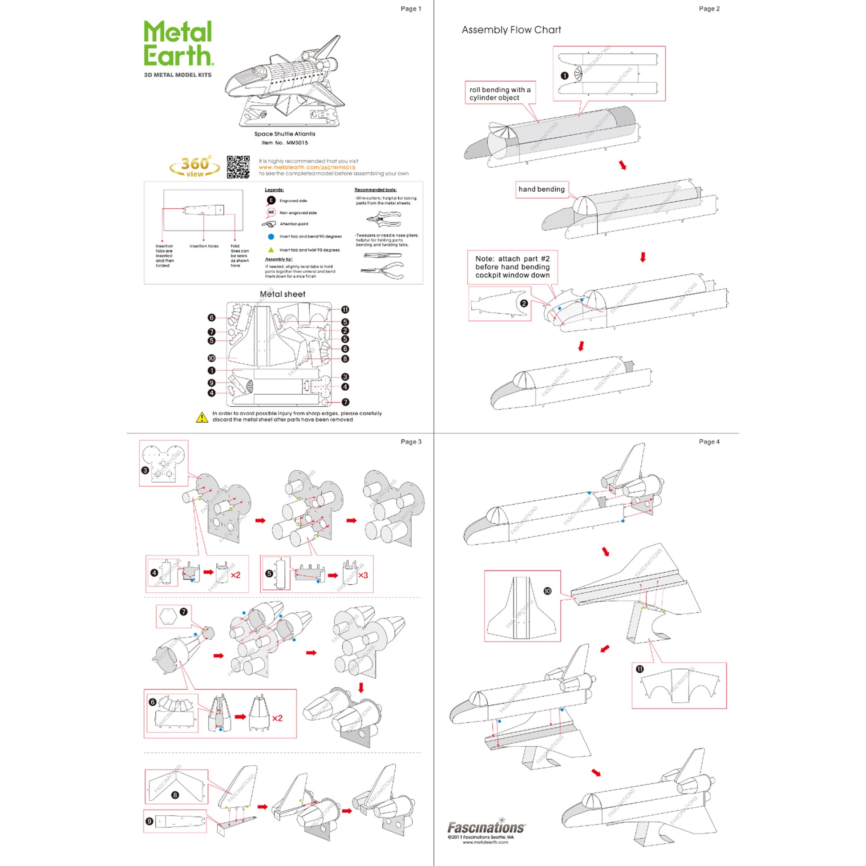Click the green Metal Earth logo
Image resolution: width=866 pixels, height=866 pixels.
(178, 44)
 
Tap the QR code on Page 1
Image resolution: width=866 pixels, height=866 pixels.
(238, 167)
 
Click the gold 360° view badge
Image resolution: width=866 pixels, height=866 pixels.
(195, 167)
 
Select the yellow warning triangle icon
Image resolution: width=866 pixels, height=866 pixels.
(202, 417)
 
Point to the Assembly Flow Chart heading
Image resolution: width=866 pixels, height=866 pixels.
(511, 30)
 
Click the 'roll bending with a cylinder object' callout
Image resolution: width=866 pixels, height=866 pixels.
(500, 93)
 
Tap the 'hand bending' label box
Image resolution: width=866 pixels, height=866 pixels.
(541, 189)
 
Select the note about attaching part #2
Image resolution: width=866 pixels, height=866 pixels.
(512, 267)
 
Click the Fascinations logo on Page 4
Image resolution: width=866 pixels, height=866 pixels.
(486, 827)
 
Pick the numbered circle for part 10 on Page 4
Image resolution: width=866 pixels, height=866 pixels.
(547, 591)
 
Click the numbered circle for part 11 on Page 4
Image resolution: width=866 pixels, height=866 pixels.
(639, 669)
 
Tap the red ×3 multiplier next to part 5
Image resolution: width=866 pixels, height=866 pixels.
(363, 575)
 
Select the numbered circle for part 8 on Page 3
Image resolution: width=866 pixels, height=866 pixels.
(175, 795)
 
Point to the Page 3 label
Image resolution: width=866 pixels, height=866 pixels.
(411, 441)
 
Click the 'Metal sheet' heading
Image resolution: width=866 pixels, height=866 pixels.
(283, 294)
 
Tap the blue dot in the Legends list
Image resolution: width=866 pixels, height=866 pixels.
(271, 236)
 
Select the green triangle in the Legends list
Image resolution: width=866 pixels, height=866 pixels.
(271, 250)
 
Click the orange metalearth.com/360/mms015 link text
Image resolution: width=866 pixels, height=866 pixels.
(307, 167)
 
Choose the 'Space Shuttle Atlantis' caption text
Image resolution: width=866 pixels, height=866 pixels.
(285, 134)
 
